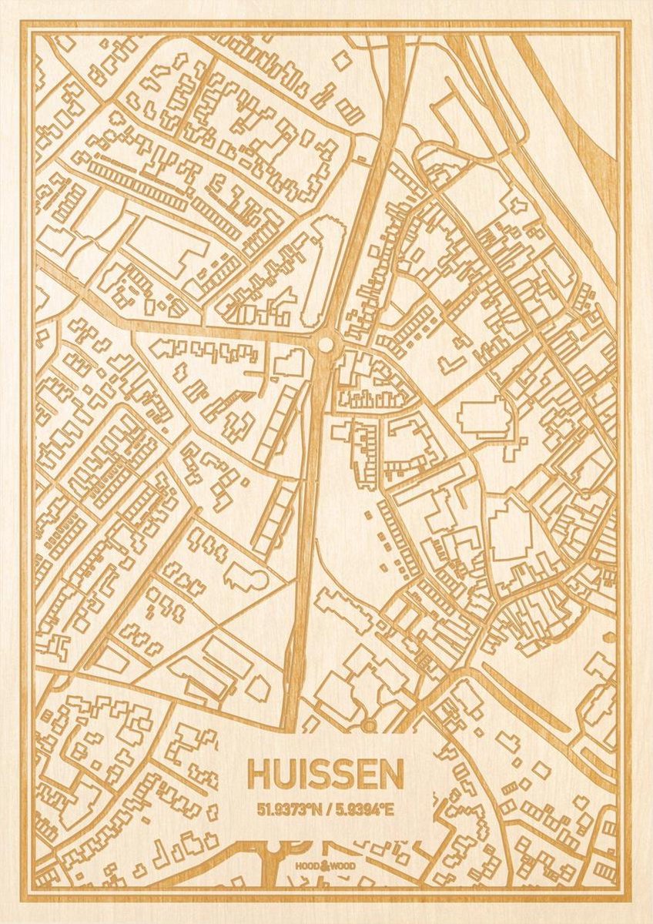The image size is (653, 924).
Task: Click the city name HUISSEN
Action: (x=326, y=775)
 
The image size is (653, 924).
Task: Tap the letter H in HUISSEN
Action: (x=259, y=775)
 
